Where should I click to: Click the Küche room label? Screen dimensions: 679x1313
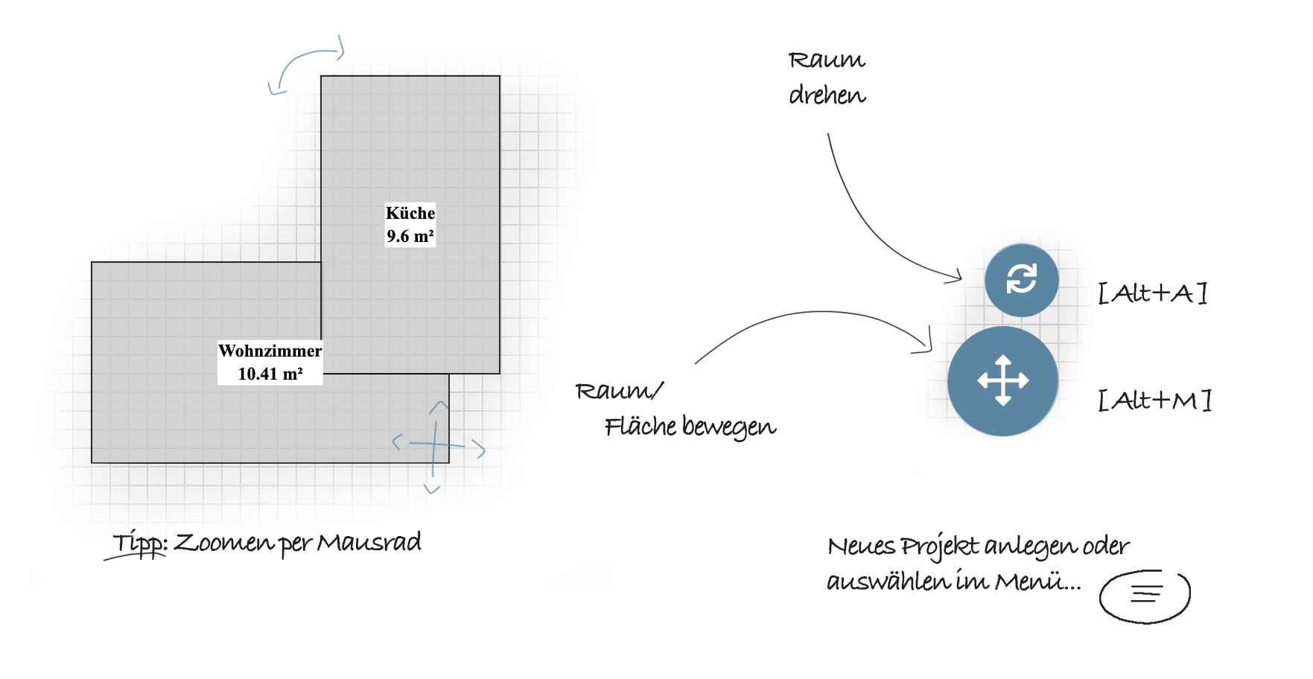[x=410, y=213]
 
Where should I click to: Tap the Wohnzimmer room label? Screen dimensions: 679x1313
[x=270, y=351]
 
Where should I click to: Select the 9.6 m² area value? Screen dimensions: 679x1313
[x=410, y=236]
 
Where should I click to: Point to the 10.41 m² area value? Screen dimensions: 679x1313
[x=270, y=374]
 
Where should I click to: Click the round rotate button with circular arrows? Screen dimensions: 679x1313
[x=1021, y=280]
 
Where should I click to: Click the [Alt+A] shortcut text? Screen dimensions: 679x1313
[x=1152, y=293]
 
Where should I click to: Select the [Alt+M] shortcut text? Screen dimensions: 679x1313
[x=1154, y=401]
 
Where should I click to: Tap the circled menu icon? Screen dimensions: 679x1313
[x=1145, y=595]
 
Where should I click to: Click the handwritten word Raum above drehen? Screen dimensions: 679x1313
[x=827, y=60]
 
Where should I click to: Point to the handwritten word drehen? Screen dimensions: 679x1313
[x=827, y=96]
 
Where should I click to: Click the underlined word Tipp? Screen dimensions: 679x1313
[x=139, y=544]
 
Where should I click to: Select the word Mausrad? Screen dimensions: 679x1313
[x=369, y=543]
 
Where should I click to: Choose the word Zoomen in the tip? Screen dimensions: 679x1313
[x=224, y=543]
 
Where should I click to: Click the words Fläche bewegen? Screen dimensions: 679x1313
[x=690, y=427]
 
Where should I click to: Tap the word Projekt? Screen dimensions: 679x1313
[x=940, y=547]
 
